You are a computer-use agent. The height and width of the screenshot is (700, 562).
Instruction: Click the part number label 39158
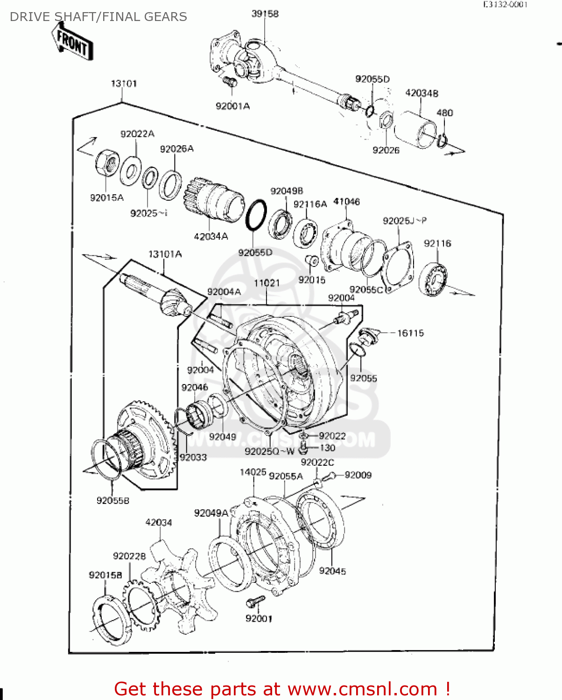pos(265,14)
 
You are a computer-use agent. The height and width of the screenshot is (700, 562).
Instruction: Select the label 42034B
pos(421,93)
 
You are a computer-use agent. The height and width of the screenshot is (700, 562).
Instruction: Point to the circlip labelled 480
pos(442,140)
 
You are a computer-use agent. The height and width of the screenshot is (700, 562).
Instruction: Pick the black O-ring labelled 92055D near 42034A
pos(256,215)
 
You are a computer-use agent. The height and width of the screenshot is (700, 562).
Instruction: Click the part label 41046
pos(346,202)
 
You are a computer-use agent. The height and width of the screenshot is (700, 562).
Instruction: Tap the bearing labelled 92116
pos(434,279)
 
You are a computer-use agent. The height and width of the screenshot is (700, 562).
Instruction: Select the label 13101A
pos(165,254)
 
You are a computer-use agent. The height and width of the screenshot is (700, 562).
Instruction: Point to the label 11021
pos(267,283)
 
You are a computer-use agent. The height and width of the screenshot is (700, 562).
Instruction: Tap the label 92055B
pos(112,501)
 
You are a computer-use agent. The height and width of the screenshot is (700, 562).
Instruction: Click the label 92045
pos(332,571)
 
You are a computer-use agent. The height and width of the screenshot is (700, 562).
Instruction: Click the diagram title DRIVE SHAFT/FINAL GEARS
pos(98,17)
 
